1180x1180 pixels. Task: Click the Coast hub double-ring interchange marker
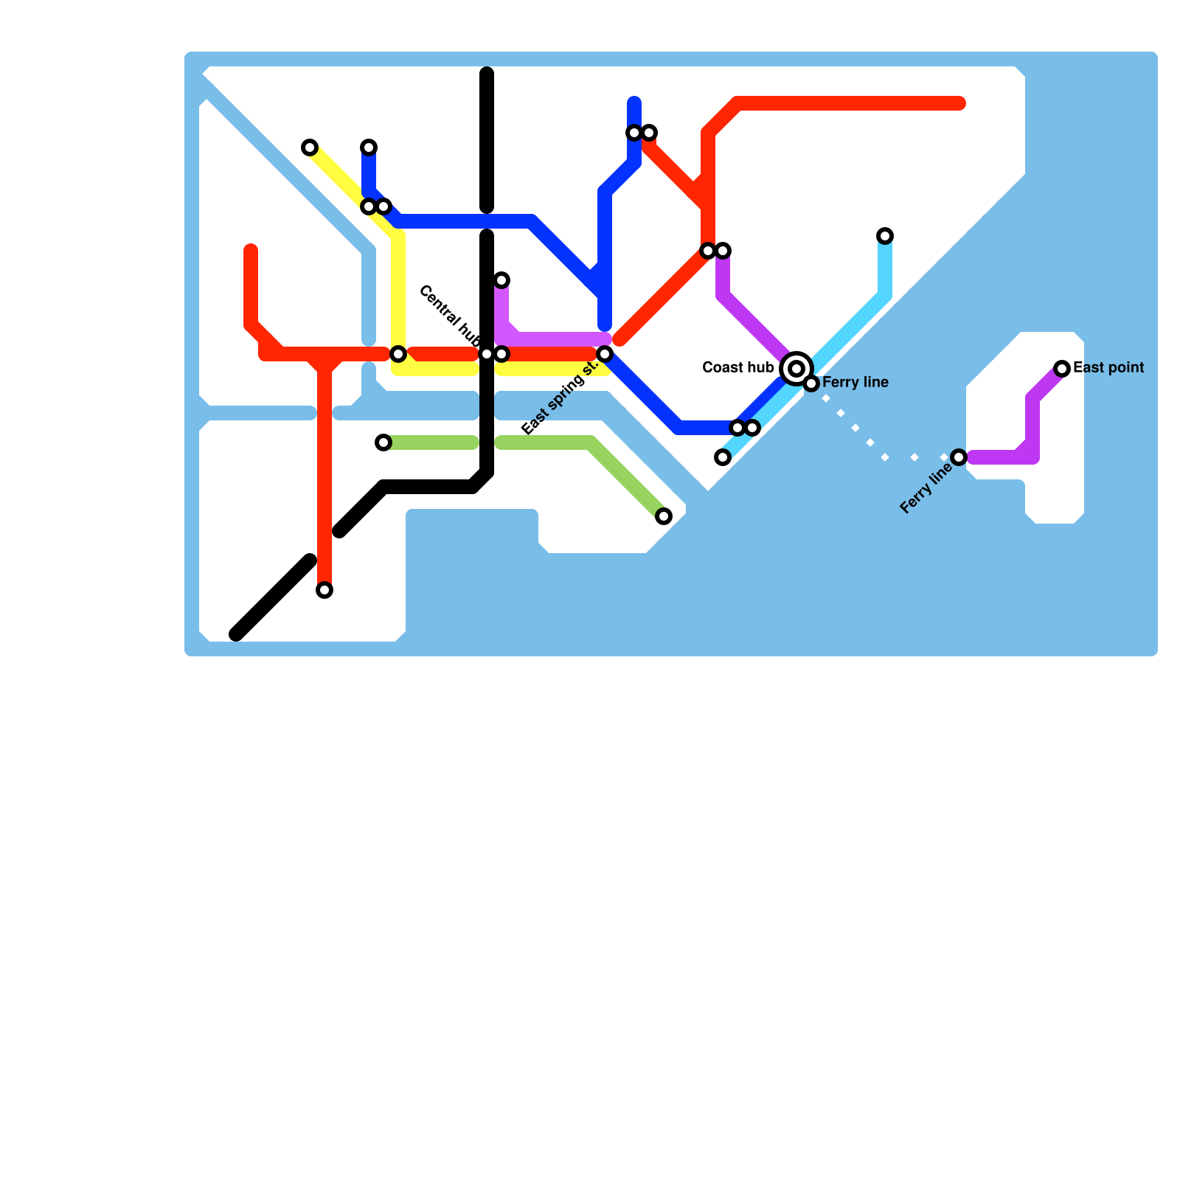point(796,368)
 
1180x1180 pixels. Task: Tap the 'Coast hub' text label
point(738,367)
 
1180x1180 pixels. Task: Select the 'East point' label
point(1108,367)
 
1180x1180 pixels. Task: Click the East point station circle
point(1062,368)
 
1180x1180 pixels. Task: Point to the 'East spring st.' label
point(559,399)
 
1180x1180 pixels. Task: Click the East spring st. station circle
point(605,354)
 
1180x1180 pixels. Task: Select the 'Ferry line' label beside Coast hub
point(855,382)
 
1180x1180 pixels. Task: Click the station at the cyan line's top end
point(885,236)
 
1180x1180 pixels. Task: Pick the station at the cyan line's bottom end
point(723,457)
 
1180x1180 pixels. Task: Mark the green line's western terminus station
point(383,442)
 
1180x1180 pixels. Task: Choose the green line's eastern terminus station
point(664,516)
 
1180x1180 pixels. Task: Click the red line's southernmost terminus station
point(324,590)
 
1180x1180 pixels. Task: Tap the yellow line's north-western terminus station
point(310,147)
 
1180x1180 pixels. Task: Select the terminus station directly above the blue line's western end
point(369,147)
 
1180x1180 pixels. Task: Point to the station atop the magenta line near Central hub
point(502,280)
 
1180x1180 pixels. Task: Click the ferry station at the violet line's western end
point(959,457)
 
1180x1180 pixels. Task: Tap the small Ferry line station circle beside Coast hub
point(811,383)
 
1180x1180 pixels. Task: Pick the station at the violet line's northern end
point(723,251)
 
